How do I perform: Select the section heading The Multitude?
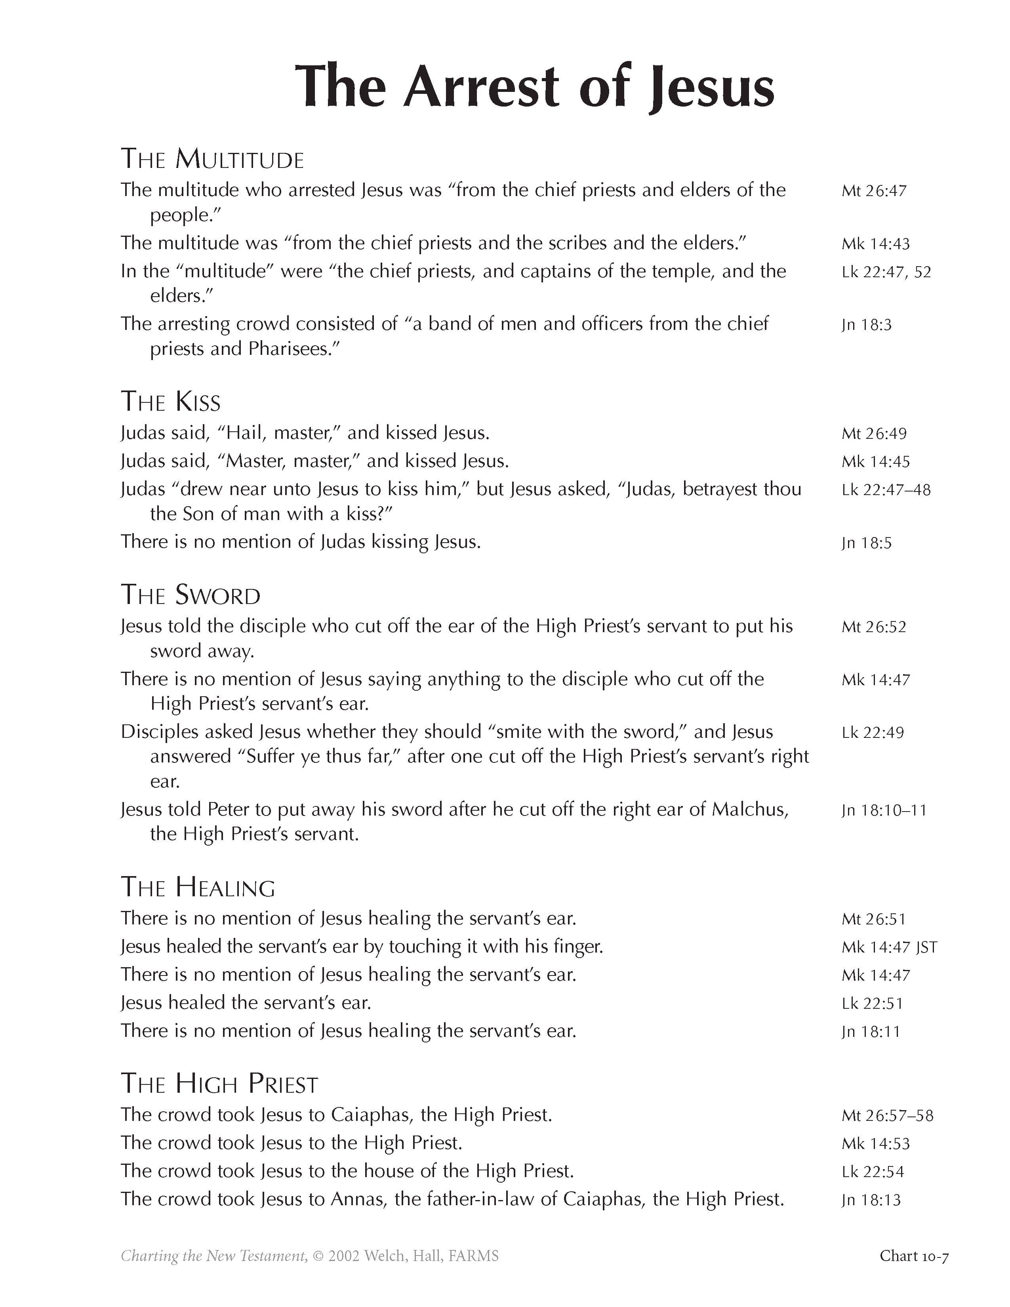pos(212,159)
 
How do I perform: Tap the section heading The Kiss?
pos(171,402)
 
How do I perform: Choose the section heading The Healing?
pos(198,888)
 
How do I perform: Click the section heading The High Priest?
pos(219,1084)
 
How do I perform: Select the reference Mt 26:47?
pos(874,191)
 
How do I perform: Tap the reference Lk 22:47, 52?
pos(886,272)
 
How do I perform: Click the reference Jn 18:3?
pos(866,325)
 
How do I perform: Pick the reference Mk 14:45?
pos(875,462)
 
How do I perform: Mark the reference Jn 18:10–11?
pos(884,810)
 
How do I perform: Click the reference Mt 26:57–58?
pos(887,1115)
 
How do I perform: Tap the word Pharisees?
pos(289,349)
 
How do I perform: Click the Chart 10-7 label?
pos(914,1256)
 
